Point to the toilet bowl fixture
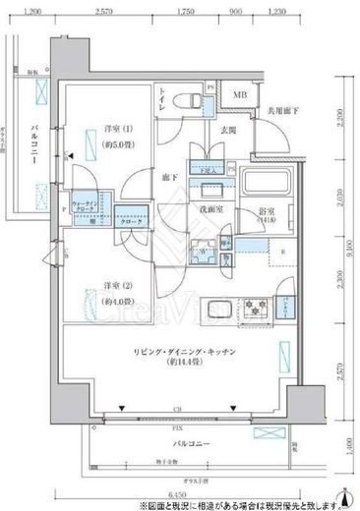[183, 100]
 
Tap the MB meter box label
[239, 94]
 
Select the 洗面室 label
[206, 209]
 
